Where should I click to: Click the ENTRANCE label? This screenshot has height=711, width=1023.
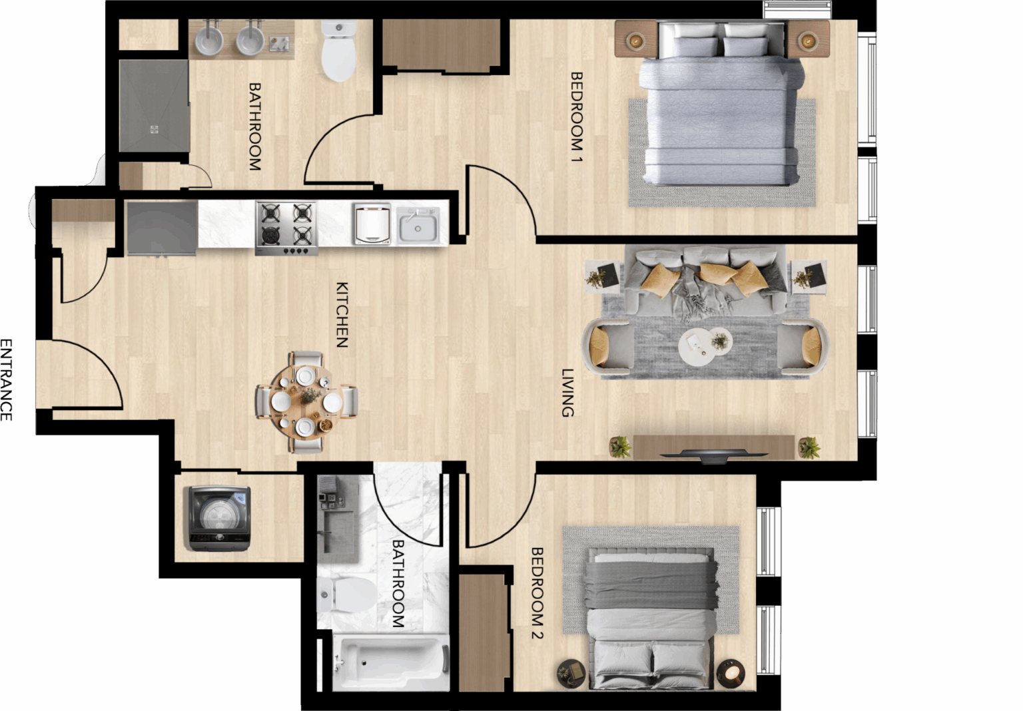[x=7, y=379]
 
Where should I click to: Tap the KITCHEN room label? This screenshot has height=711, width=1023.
[x=342, y=315]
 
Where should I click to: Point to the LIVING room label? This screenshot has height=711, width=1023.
[x=567, y=393]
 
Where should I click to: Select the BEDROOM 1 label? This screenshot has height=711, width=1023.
[x=577, y=117]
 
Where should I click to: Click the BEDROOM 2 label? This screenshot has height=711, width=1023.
[x=537, y=593]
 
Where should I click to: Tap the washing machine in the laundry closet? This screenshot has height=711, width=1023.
[x=220, y=519]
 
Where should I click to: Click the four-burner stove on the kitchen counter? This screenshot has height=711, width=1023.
[x=287, y=228]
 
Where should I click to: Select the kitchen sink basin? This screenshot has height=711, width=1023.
[x=418, y=226]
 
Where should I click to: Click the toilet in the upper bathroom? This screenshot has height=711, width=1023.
[x=338, y=50]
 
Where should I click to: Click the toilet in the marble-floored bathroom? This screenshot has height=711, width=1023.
[x=348, y=595]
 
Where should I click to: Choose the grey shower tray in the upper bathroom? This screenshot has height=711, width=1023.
[x=154, y=106]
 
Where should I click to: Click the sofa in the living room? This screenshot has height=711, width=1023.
[x=705, y=281]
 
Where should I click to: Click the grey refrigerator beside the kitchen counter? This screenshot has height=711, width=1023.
[x=162, y=228]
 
